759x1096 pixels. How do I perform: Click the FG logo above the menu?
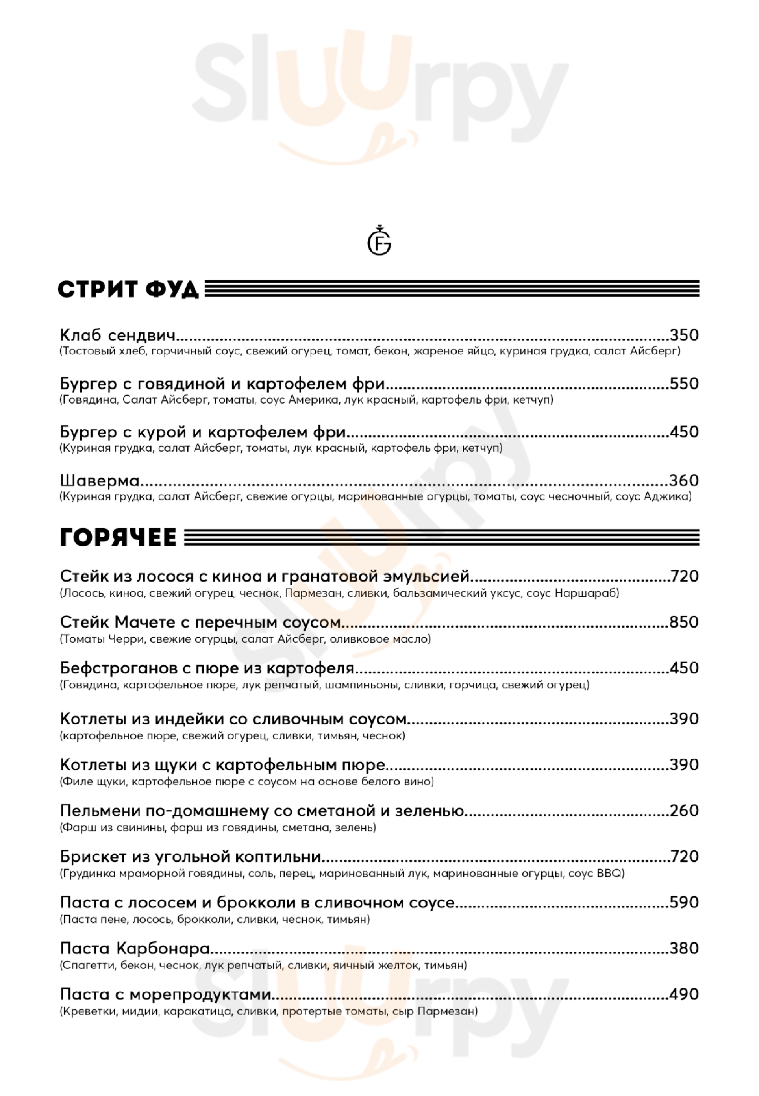pyautogui.click(x=379, y=242)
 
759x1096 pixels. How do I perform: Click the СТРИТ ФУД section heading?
pyautogui.click(x=128, y=290)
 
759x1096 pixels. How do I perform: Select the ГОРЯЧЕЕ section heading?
pyautogui.click(x=118, y=537)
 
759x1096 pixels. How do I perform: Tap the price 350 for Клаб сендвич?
pyautogui.click(x=684, y=335)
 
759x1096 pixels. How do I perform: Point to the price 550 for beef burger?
pyautogui.click(x=684, y=383)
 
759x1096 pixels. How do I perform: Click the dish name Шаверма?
pyautogui.click(x=100, y=480)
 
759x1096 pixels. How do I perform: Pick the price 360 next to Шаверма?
pyautogui.click(x=684, y=480)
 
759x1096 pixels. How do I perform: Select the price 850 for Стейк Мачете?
pyautogui.click(x=684, y=622)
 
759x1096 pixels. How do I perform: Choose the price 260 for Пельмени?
pyautogui.click(x=684, y=810)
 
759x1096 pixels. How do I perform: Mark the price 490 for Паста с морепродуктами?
pyautogui.click(x=684, y=994)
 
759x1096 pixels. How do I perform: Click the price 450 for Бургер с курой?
pyautogui.click(x=684, y=431)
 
